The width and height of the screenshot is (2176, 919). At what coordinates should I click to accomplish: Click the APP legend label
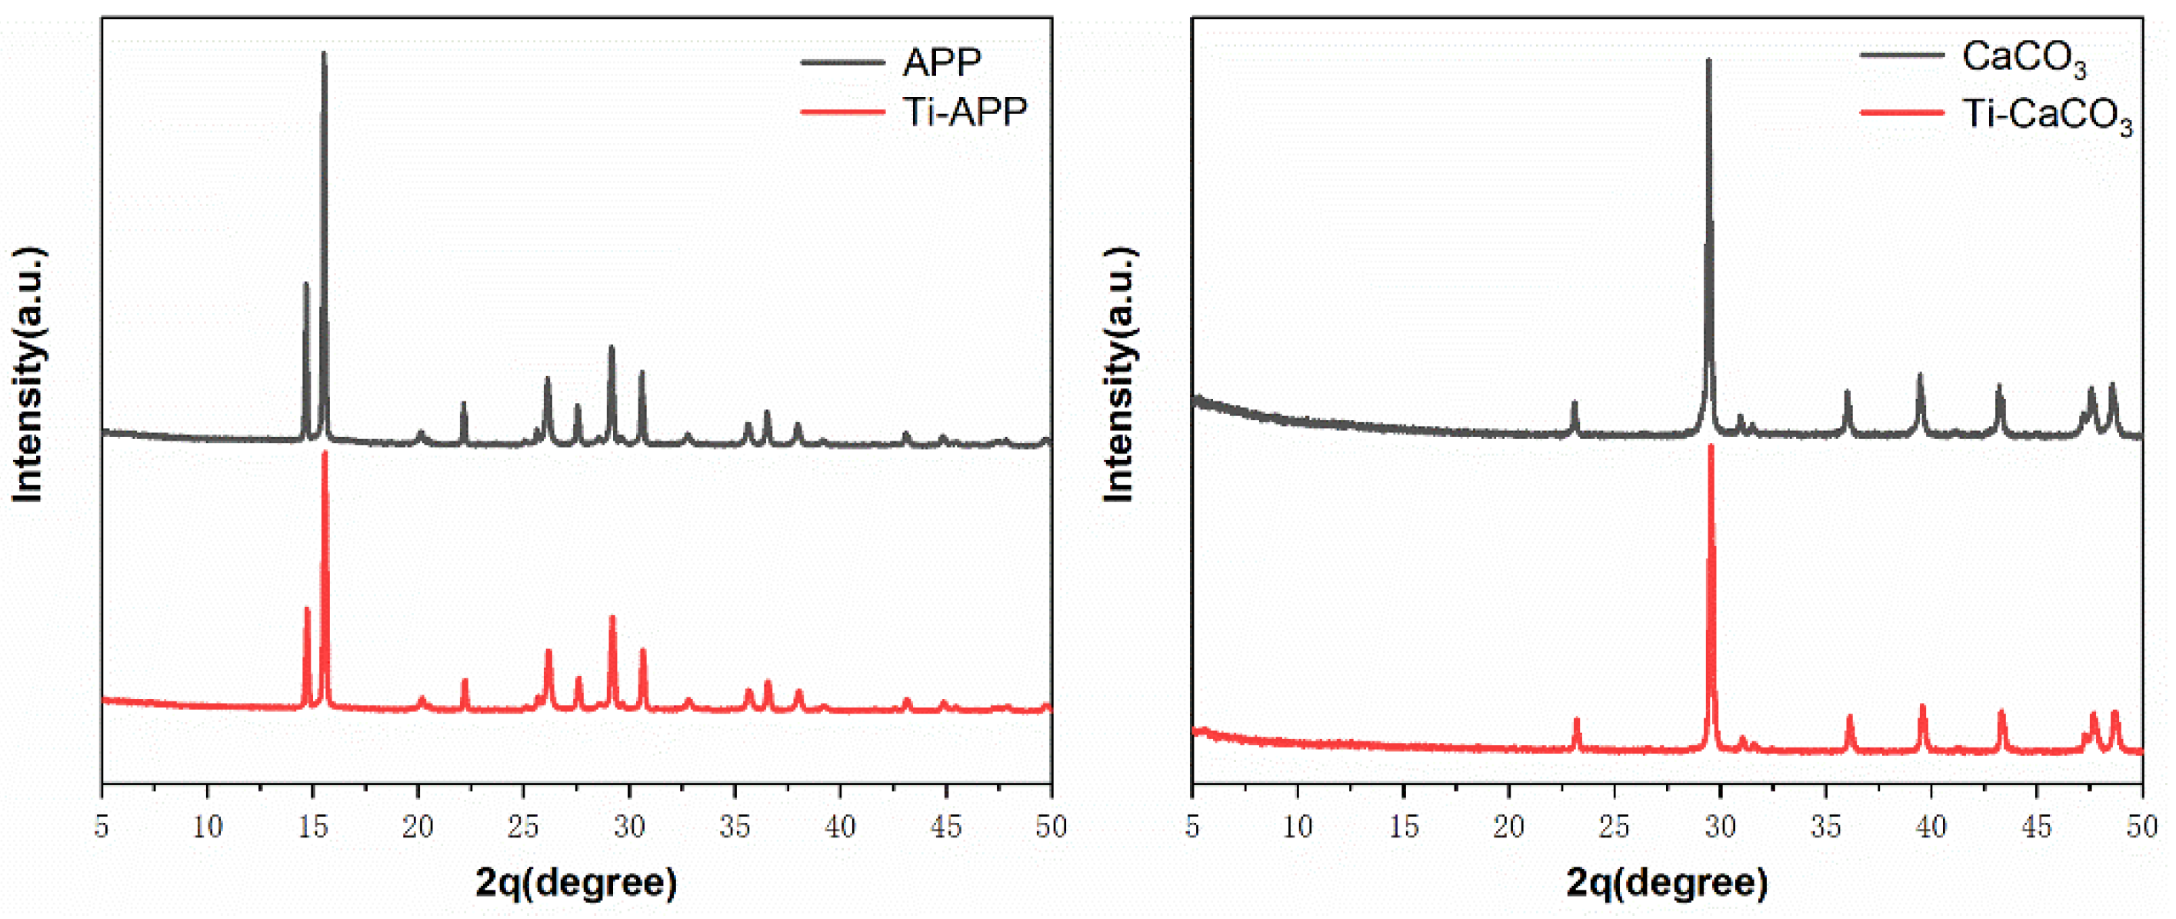(942, 62)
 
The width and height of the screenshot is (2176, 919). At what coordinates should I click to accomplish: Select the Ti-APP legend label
(965, 112)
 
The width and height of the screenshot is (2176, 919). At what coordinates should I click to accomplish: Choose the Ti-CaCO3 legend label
(2046, 114)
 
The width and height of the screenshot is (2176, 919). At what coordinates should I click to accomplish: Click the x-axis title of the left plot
(576, 882)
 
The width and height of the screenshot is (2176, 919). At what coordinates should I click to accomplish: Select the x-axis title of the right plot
(1667, 882)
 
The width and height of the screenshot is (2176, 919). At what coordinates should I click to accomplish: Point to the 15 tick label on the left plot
(313, 826)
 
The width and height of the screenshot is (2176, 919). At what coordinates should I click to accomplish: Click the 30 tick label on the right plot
(1720, 826)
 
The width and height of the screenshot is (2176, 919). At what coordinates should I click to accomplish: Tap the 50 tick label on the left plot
(1051, 826)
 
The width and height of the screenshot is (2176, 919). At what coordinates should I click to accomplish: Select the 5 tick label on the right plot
(1192, 826)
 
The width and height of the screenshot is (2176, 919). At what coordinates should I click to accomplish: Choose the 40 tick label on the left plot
(840, 826)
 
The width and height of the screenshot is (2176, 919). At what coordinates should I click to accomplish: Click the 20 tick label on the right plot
(1508, 826)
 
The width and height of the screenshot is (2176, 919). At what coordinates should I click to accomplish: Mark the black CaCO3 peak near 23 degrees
(1575, 404)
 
